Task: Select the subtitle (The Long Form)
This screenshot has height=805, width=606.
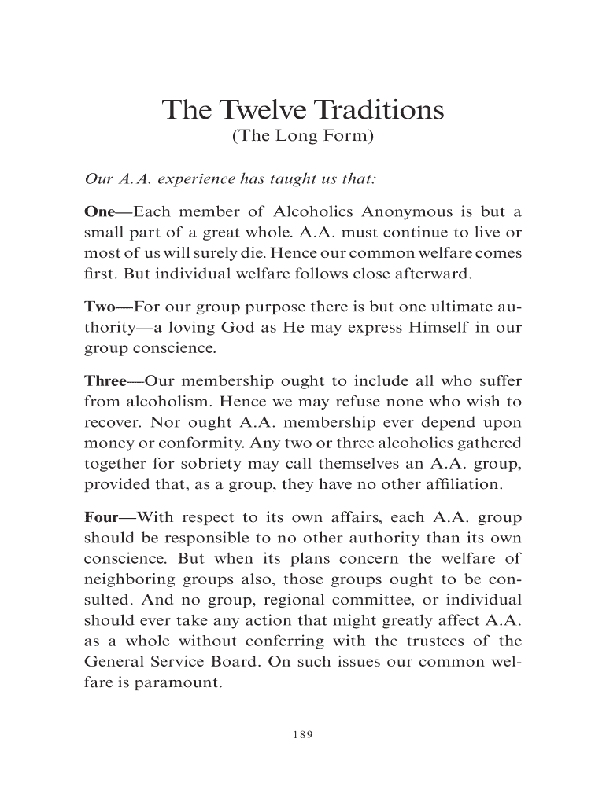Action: click(303, 138)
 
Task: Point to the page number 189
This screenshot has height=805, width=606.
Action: click(303, 734)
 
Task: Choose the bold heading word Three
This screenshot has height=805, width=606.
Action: click(105, 381)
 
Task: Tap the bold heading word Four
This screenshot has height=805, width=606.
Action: click(101, 519)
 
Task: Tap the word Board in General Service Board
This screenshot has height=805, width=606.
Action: click(234, 662)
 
